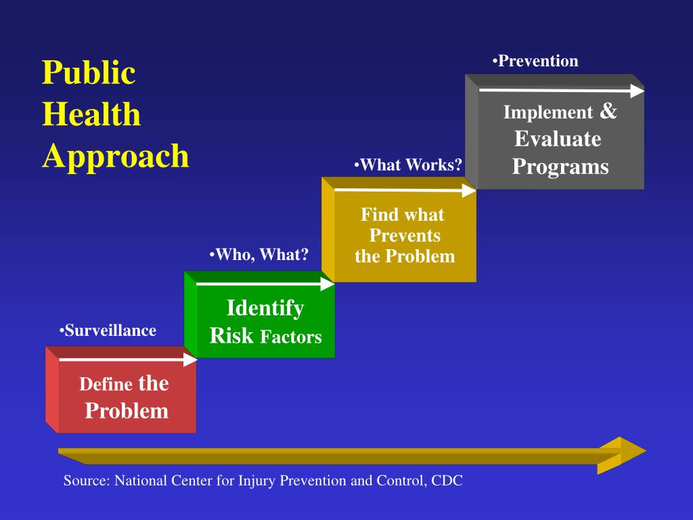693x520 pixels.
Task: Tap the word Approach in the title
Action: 116,156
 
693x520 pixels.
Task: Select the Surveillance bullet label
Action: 108,330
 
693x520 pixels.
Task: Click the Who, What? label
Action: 259,255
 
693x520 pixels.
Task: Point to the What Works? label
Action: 408,165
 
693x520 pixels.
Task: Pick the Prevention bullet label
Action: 535,61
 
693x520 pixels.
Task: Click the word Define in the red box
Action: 106,384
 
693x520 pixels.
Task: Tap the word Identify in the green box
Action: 265,308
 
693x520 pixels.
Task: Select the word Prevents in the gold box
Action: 405,235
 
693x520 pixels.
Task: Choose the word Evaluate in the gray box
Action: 558,139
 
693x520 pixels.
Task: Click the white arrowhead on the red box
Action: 190,360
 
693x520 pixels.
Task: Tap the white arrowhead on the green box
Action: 328,284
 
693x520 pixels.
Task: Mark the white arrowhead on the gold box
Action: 469,190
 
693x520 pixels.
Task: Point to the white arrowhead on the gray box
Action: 638,91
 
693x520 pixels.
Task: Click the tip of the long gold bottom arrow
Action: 646,451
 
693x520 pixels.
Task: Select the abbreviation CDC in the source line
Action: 447,481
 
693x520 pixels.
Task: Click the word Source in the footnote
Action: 87,481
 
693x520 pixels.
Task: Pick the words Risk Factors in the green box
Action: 265,336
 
